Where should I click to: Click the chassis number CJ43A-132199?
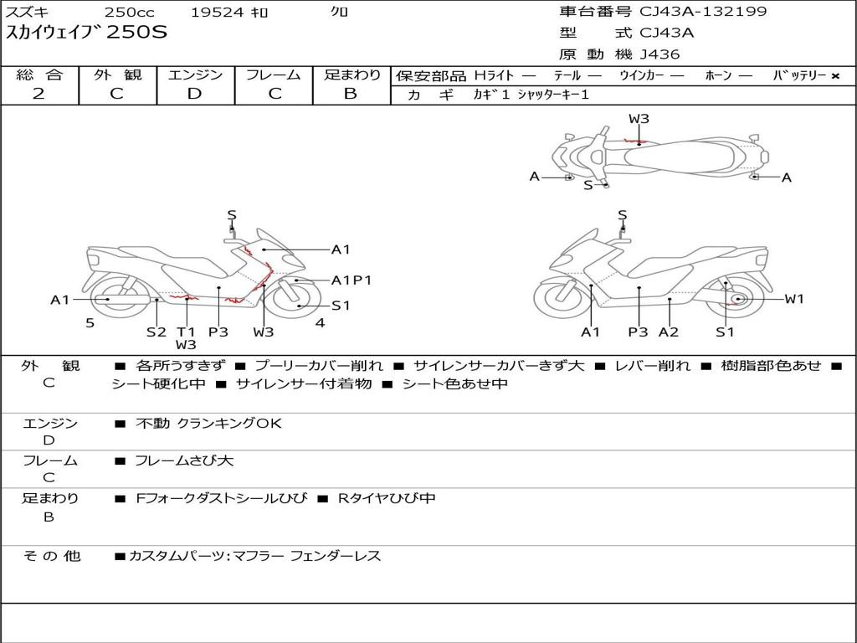703,12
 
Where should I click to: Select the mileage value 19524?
214,13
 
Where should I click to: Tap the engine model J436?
659,54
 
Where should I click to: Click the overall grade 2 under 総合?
38,94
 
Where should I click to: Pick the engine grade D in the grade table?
194,94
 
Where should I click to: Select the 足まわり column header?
352,75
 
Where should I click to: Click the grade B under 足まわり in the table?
351,94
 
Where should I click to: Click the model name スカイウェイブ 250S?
87,33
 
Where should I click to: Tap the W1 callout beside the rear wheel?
793,299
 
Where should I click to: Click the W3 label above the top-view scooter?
639,119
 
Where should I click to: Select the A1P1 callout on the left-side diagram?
352,280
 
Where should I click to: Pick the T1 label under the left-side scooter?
186,332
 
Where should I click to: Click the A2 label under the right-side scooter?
669,332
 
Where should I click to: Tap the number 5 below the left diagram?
90,323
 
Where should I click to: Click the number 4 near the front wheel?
320,323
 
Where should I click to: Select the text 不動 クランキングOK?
208,424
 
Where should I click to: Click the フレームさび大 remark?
184,460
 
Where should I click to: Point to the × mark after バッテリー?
834,76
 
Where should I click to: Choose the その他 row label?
51,555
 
